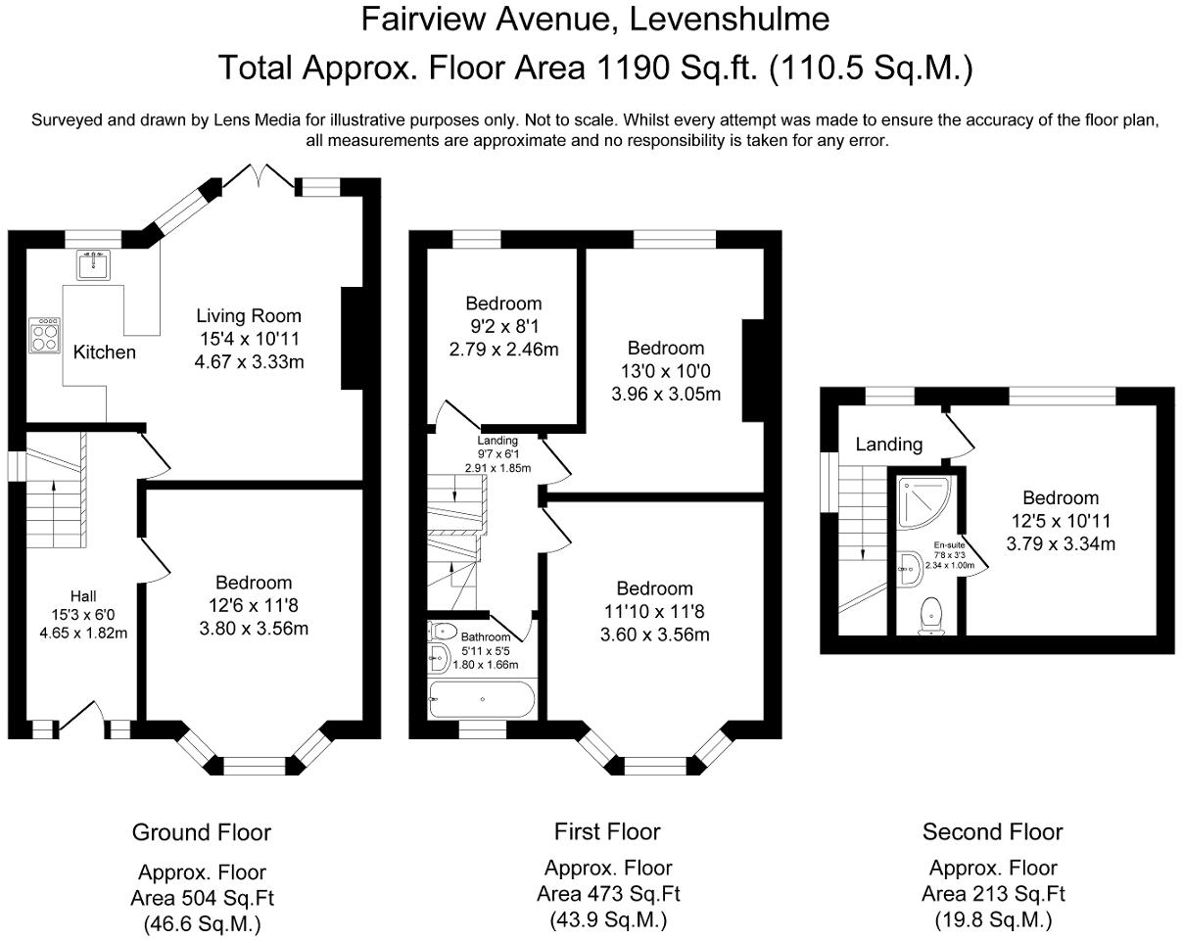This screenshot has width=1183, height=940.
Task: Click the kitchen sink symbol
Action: coord(93,265)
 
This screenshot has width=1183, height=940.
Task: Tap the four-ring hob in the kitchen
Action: coord(44,335)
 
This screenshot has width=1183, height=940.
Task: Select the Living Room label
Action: coord(249,316)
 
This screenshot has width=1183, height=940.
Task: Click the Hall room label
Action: coord(83,596)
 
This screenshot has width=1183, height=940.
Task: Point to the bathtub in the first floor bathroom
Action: coord(482,699)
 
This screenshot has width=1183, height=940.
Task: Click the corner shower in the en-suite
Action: coord(923,503)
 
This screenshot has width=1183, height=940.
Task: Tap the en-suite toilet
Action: coord(931,616)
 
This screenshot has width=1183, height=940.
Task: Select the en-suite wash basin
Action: coord(911,569)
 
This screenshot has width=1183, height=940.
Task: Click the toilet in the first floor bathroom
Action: coord(443,631)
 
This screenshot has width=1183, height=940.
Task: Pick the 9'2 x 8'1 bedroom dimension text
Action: coord(504,326)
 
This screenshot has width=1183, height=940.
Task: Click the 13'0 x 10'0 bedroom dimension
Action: coord(665,371)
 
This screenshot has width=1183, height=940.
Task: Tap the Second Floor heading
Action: coord(992,831)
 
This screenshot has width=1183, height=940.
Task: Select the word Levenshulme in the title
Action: coord(729,20)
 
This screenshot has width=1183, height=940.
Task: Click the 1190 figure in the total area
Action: coord(633,68)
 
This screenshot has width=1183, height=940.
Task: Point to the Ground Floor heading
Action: coord(201,832)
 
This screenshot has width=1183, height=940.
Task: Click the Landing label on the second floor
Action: coord(888,445)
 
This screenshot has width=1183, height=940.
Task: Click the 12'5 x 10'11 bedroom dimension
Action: coord(1061,521)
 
